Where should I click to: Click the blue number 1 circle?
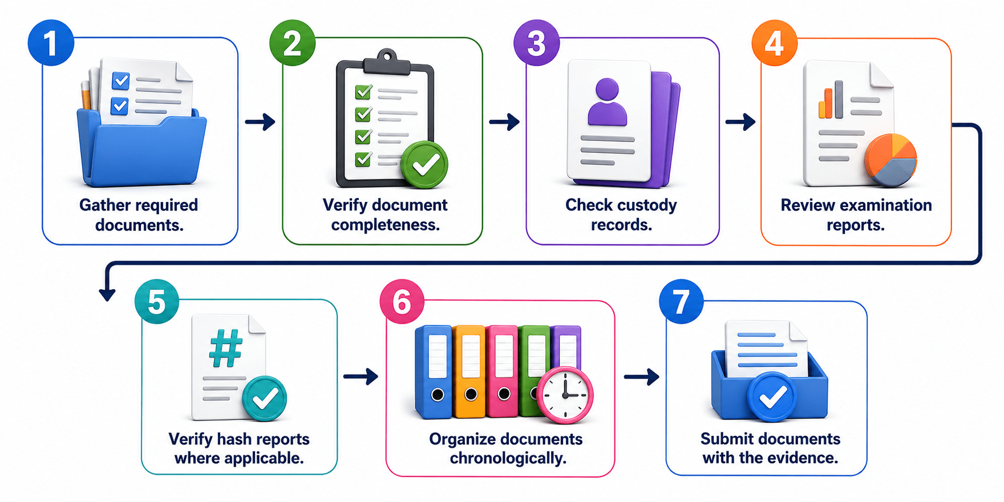click(x=51, y=43)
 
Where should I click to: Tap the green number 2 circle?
click(x=292, y=43)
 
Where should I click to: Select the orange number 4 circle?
click(x=774, y=43)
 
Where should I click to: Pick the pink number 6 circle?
click(x=402, y=302)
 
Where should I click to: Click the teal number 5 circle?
click(x=157, y=302)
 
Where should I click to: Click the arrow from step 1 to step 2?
click(x=260, y=122)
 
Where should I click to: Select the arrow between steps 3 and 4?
click(x=741, y=122)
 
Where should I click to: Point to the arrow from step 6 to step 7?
click(x=642, y=376)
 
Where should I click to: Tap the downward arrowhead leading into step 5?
click(x=107, y=294)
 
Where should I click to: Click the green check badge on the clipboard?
click(x=424, y=165)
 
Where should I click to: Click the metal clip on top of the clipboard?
click(x=387, y=62)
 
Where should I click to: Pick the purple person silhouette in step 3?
click(x=607, y=102)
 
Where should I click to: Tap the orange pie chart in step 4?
click(x=891, y=160)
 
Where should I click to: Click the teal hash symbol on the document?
click(x=226, y=349)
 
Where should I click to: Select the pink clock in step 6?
click(x=565, y=395)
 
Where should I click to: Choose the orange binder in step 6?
click(x=470, y=371)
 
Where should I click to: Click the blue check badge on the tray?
click(x=772, y=397)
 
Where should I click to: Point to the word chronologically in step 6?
click(x=508, y=458)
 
